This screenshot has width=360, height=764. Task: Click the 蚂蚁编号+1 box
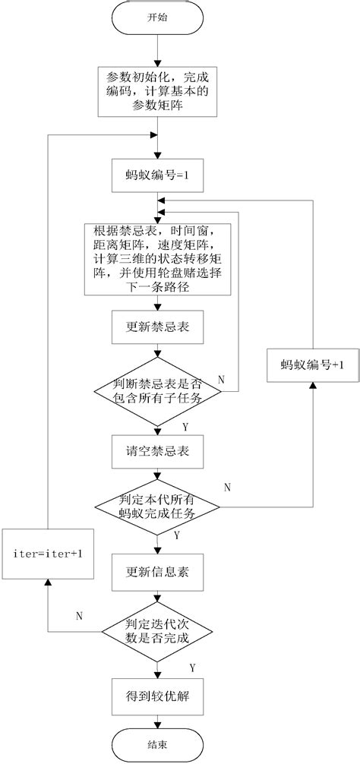click(x=311, y=365)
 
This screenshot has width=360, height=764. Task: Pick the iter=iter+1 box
click(x=47, y=553)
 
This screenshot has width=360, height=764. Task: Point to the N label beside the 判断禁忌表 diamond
click(x=221, y=377)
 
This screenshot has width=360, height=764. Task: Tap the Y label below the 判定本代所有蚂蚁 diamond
click(x=177, y=535)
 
